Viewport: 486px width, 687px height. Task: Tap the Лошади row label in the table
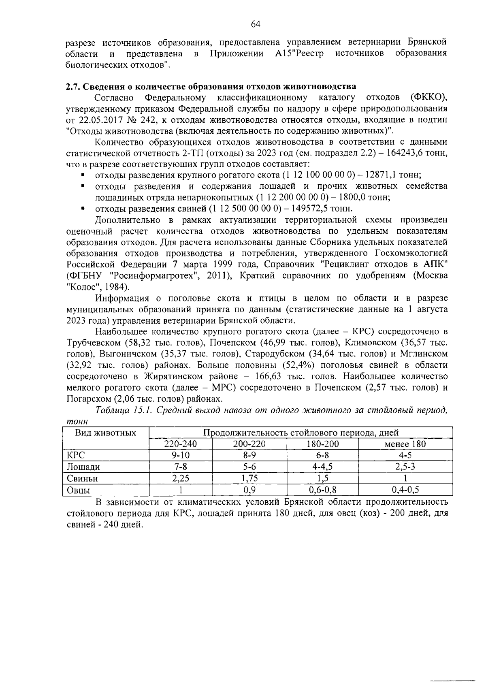pyautogui.click(x=83, y=467)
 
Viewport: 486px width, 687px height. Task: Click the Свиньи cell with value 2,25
pyautogui.click(x=181, y=478)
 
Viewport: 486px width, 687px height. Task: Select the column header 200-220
pyautogui.click(x=249, y=444)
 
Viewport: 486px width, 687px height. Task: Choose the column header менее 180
pyautogui.click(x=405, y=444)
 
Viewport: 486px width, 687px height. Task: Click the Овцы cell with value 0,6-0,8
pyautogui.click(x=322, y=490)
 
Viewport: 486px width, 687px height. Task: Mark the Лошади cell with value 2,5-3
pyautogui.click(x=405, y=467)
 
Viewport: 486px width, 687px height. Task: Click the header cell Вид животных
pyautogui.click(x=106, y=433)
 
